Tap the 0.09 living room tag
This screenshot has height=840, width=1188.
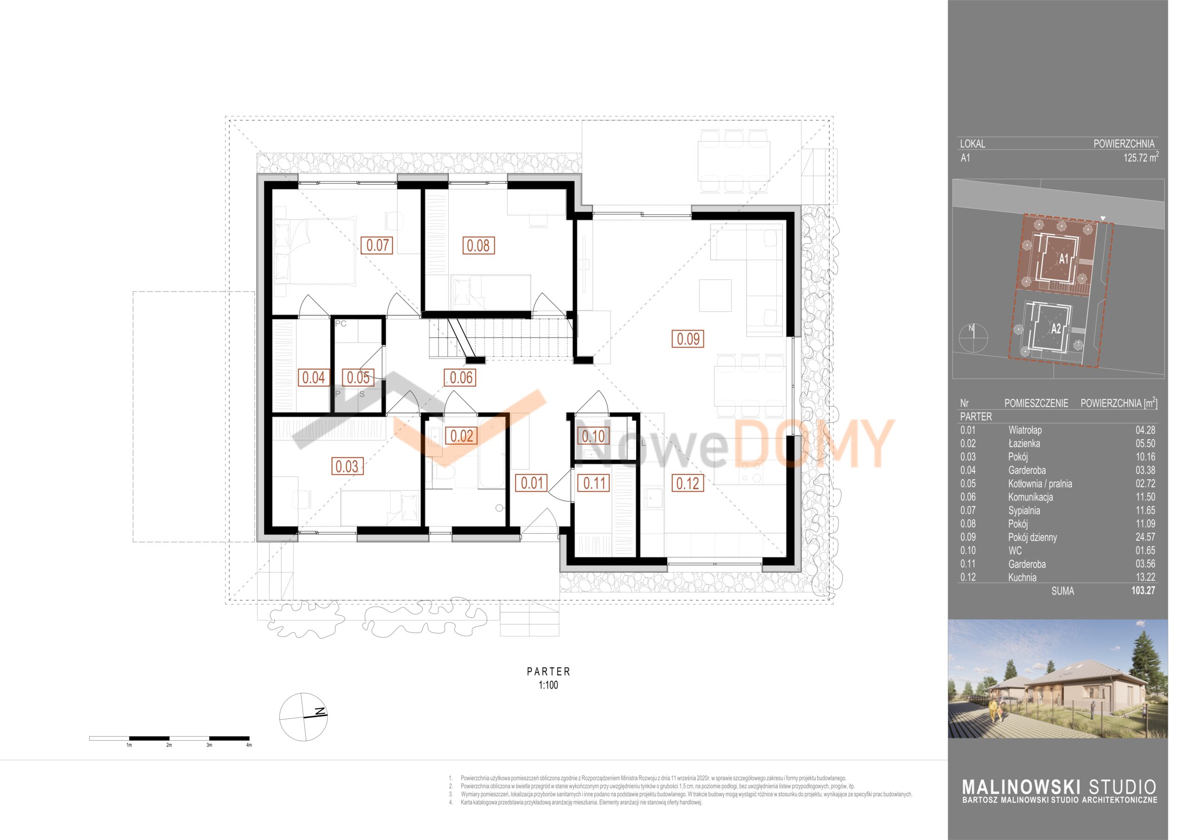click(688, 339)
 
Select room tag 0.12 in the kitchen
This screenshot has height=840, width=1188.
click(688, 484)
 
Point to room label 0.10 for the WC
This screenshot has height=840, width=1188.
click(593, 436)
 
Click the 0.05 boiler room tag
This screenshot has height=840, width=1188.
click(358, 377)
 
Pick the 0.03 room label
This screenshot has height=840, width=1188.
click(347, 466)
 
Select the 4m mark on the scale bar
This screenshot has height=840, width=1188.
click(249, 745)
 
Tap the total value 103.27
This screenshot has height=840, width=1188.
click(1143, 590)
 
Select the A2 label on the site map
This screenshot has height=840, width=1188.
click(1056, 329)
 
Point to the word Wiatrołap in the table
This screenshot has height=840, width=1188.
click(1025, 430)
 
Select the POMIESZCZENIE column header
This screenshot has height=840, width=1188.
click(1036, 403)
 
